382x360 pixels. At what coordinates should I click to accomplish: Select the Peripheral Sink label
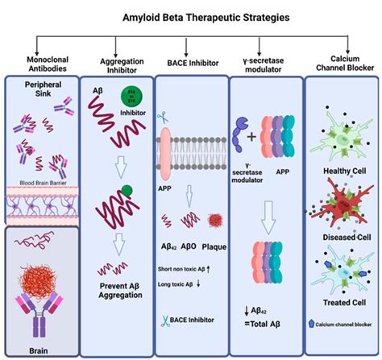[x=40, y=91]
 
